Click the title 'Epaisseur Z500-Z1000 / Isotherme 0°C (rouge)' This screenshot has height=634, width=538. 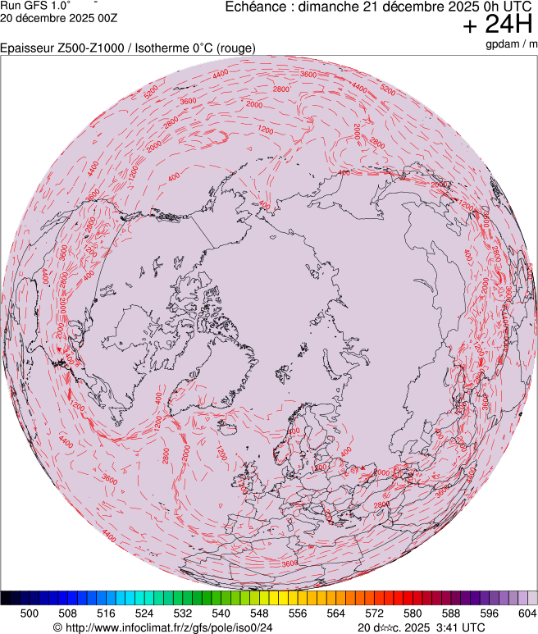128,48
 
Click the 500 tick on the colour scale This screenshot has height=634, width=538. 30,613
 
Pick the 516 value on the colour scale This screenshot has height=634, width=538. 106,613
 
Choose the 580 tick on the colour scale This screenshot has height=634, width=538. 413,613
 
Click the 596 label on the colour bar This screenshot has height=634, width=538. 489,613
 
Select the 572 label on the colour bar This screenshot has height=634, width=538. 374,613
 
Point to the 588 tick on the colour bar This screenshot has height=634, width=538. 450,613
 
